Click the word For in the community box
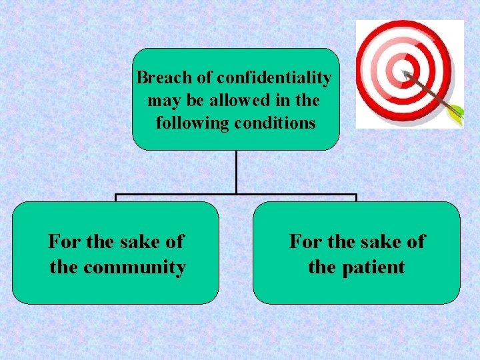(x=63, y=241)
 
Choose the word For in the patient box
(x=305, y=241)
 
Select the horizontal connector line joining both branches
(x=236, y=195)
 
